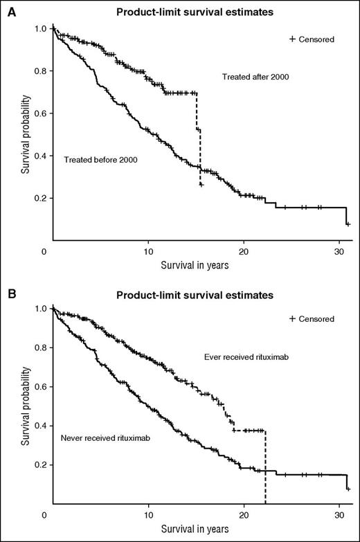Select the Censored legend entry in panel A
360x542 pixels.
(x=312, y=39)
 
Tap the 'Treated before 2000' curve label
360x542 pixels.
(x=101, y=160)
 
